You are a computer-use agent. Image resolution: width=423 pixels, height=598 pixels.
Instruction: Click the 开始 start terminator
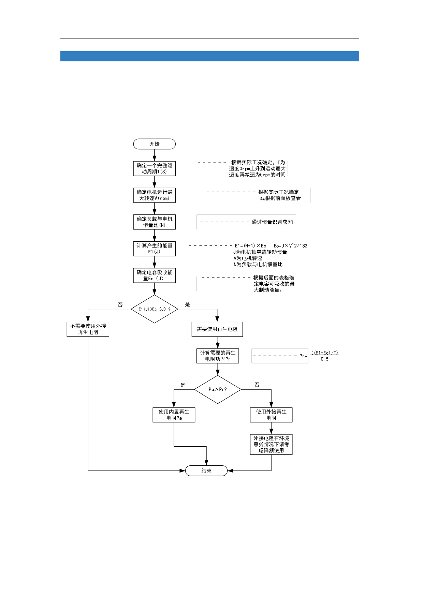(x=154, y=144)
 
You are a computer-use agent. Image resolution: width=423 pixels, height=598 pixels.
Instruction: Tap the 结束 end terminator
(x=206, y=470)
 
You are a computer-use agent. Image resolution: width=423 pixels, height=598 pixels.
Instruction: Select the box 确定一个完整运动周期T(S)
(x=154, y=168)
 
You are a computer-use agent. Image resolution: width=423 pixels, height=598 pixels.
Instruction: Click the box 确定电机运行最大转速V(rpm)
(x=154, y=195)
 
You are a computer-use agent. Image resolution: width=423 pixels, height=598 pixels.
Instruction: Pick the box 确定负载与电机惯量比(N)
(x=154, y=222)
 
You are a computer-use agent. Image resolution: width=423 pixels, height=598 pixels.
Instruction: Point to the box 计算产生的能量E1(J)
(x=154, y=249)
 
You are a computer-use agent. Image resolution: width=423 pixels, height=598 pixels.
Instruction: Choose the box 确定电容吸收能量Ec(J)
(x=154, y=275)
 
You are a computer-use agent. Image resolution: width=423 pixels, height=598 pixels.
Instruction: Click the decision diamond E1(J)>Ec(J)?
(x=154, y=309)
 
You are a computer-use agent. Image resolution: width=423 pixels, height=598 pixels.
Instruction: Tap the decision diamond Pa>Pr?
(x=218, y=389)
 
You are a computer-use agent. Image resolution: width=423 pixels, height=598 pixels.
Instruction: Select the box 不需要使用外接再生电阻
(x=88, y=329)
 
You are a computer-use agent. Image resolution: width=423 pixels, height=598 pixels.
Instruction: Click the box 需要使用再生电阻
(x=217, y=329)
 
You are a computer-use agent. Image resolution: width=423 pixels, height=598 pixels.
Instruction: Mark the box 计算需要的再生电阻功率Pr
(x=218, y=356)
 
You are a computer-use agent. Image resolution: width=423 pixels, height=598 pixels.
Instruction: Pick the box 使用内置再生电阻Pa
(x=174, y=415)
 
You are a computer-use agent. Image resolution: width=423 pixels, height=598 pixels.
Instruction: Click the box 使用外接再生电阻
(x=271, y=415)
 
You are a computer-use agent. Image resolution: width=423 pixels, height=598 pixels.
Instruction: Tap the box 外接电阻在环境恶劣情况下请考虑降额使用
(x=271, y=444)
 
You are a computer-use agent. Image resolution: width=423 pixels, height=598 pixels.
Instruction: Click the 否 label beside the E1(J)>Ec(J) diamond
(x=120, y=304)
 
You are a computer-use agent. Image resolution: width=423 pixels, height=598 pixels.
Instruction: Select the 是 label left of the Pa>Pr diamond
(x=183, y=385)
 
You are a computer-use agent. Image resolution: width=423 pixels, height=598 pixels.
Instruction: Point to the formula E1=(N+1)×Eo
(x=251, y=246)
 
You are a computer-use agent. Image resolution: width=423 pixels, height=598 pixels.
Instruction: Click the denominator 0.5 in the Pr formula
(x=324, y=359)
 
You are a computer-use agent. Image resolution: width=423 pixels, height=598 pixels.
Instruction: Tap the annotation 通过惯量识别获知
(x=272, y=222)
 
